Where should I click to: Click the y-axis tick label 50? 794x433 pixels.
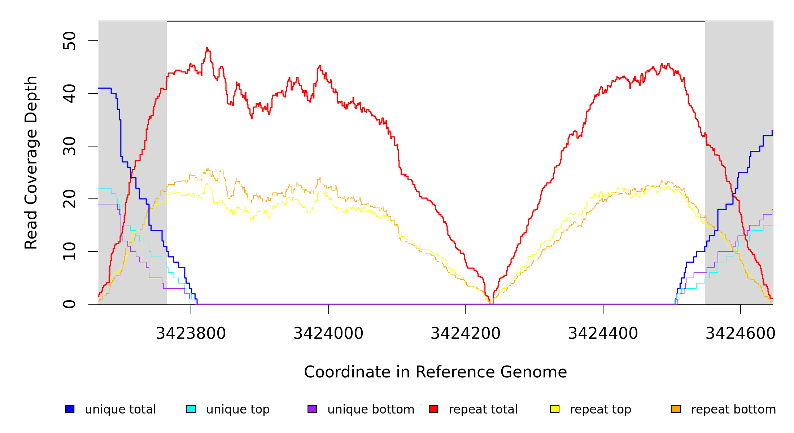point(69,40)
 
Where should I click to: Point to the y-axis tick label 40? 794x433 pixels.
point(69,93)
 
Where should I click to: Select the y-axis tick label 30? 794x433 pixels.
point(69,146)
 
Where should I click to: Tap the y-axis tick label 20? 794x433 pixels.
point(69,199)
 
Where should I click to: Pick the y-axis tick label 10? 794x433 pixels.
point(69,252)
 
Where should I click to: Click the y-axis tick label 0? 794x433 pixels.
point(69,304)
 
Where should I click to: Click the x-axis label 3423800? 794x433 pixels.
point(191,333)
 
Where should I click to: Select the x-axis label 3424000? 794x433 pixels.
point(328,333)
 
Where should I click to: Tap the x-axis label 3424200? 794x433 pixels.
point(466,333)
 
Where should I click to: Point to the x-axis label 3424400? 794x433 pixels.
point(603,333)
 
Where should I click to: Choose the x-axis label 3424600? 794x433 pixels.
point(740,333)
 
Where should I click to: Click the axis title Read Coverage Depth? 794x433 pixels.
point(31,162)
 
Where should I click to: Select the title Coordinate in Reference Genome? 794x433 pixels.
point(435,372)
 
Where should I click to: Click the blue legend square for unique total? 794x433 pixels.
point(70,409)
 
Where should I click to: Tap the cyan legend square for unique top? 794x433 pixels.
point(191,409)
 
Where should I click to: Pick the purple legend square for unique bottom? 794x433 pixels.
point(312,409)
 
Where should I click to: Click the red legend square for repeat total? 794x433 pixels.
point(433,409)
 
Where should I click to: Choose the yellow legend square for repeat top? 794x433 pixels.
point(555,409)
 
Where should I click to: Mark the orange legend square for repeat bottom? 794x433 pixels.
point(676,409)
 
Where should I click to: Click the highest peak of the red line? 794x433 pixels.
point(207,48)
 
